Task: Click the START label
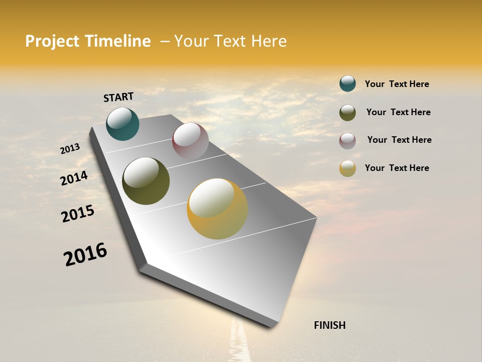tap(118, 97)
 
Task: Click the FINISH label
tap(329, 325)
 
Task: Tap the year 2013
tap(70, 148)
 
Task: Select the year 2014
tap(74, 178)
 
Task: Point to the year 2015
tap(78, 214)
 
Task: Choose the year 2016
tap(85, 254)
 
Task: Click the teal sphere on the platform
tap(123, 124)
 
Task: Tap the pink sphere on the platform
tap(190, 141)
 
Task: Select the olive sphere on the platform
tap(146, 181)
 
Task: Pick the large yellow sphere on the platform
tap(217, 209)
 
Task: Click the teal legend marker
tap(347, 84)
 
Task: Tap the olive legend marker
tap(347, 113)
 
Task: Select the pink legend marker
tap(347, 141)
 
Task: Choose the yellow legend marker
tap(347, 168)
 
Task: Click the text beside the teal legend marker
tap(397, 84)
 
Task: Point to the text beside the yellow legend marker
tap(397, 168)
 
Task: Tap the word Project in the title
tap(52, 41)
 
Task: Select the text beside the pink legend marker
tap(399, 140)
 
